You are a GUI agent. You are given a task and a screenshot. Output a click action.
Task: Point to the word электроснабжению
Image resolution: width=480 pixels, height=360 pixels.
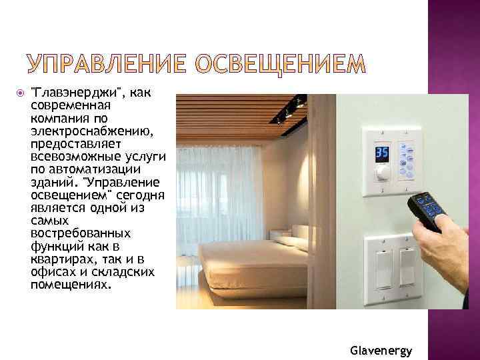(91, 133)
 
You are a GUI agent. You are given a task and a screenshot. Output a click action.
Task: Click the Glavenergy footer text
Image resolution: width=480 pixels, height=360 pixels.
(381, 350)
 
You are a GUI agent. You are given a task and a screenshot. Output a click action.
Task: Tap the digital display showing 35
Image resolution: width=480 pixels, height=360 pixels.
(381, 153)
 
